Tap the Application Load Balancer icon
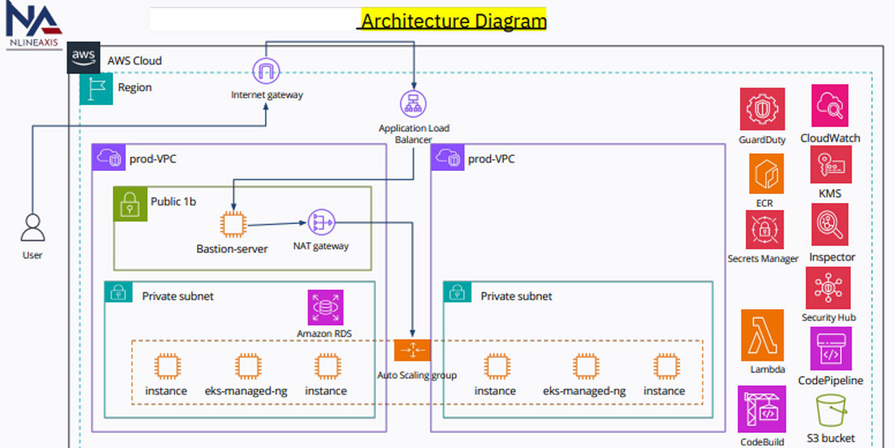(x=412, y=104)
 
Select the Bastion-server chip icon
(x=233, y=225)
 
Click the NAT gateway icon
(x=321, y=223)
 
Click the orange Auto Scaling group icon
(x=412, y=350)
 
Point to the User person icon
(x=32, y=228)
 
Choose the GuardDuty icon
(x=762, y=108)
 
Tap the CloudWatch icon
(x=830, y=105)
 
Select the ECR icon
(x=766, y=173)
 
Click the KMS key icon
(x=830, y=164)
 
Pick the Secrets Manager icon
(x=764, y=229)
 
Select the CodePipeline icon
(x=830, y=349)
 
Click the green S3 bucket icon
(x=830, y=411)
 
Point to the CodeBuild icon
(x=761, y=409)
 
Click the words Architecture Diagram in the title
(x=453, y=19)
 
